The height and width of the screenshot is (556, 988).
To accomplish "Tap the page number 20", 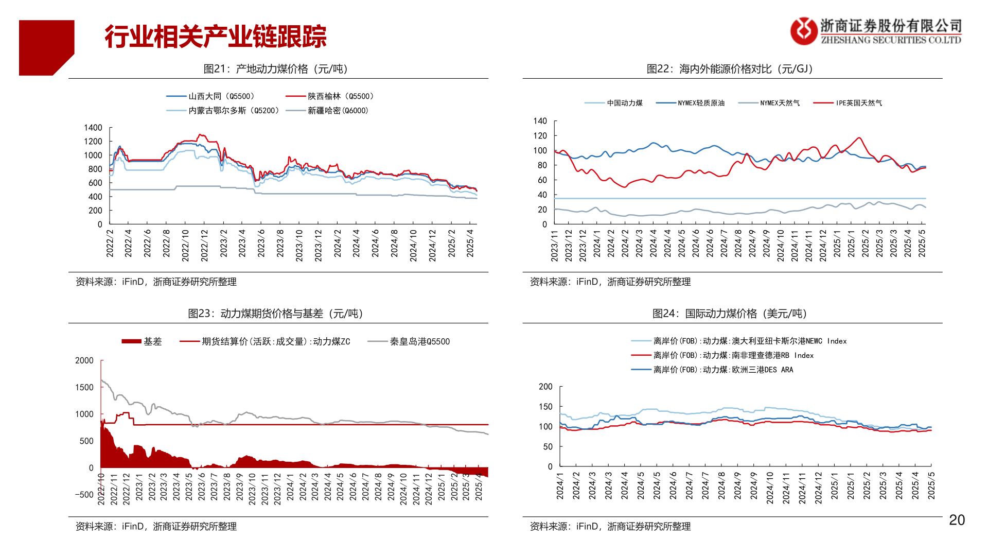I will coord(957,520).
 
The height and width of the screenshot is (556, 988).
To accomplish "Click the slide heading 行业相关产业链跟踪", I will coord(216,37).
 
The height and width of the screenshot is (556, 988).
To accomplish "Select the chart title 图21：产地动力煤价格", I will coord(276,69).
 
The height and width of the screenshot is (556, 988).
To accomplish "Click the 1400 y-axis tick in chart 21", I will coord(93,128).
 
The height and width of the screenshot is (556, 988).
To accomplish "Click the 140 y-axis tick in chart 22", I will coord(540,121).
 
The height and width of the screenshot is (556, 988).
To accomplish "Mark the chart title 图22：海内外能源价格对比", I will coord(730,69).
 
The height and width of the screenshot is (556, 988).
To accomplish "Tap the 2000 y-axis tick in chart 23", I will coord(84,360).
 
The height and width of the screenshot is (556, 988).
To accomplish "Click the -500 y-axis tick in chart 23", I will coord(84,495).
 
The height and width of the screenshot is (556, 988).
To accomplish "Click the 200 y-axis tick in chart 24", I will coord(545,387).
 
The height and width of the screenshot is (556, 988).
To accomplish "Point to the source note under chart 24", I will coord(610,526).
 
